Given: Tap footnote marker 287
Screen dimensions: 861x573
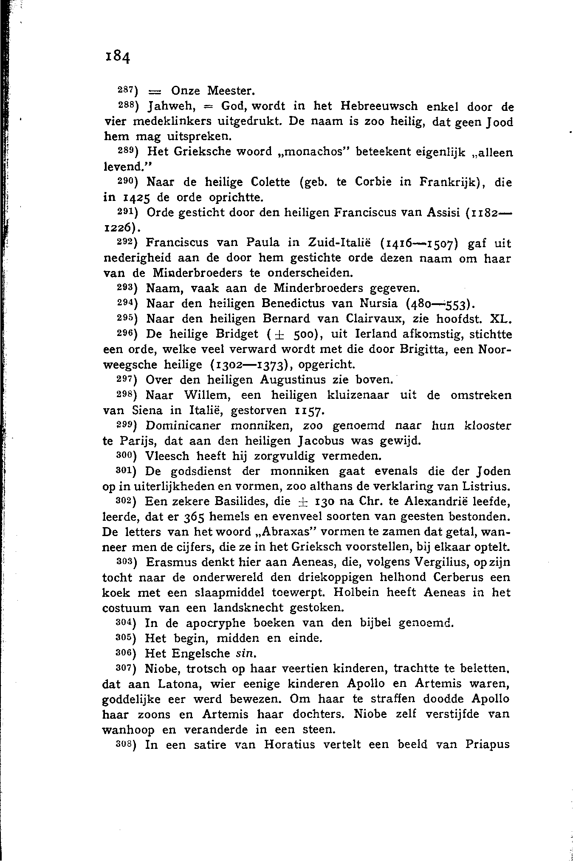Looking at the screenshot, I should tap(126, 90).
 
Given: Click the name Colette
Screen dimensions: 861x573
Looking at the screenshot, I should tap(271, 182).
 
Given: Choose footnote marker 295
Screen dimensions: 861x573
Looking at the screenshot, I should tap(126, 318).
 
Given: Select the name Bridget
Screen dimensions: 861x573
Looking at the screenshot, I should tap(237, 334).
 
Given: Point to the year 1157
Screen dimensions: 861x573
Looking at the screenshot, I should tap(310, 411).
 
